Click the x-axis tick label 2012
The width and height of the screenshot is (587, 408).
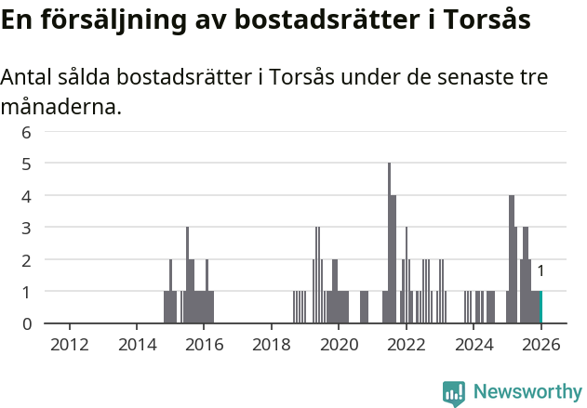coord(70,345)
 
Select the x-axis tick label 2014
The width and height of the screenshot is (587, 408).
coord(137,345)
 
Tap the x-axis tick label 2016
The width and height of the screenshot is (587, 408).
coord(204,345)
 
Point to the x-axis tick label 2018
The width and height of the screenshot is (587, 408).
coord(271,345)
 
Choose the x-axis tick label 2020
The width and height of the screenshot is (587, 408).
coord(339,345)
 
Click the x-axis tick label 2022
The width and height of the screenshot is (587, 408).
coord(406,345)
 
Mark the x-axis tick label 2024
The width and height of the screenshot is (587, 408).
coord(473,345)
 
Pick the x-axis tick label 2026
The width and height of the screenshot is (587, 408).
coord(540,345)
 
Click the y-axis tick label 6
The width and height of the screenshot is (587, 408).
coord(27,132)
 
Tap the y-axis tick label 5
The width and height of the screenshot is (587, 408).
coord(27,164)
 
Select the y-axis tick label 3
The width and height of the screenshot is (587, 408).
coord(27,228)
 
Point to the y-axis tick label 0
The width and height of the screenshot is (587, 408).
coord(27,323)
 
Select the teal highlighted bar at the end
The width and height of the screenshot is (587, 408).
coord(540,308)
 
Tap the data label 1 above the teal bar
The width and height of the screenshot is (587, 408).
coord(540,271)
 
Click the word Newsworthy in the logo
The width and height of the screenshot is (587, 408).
coord(527,392)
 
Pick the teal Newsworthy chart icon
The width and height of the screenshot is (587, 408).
coord(454,393)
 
